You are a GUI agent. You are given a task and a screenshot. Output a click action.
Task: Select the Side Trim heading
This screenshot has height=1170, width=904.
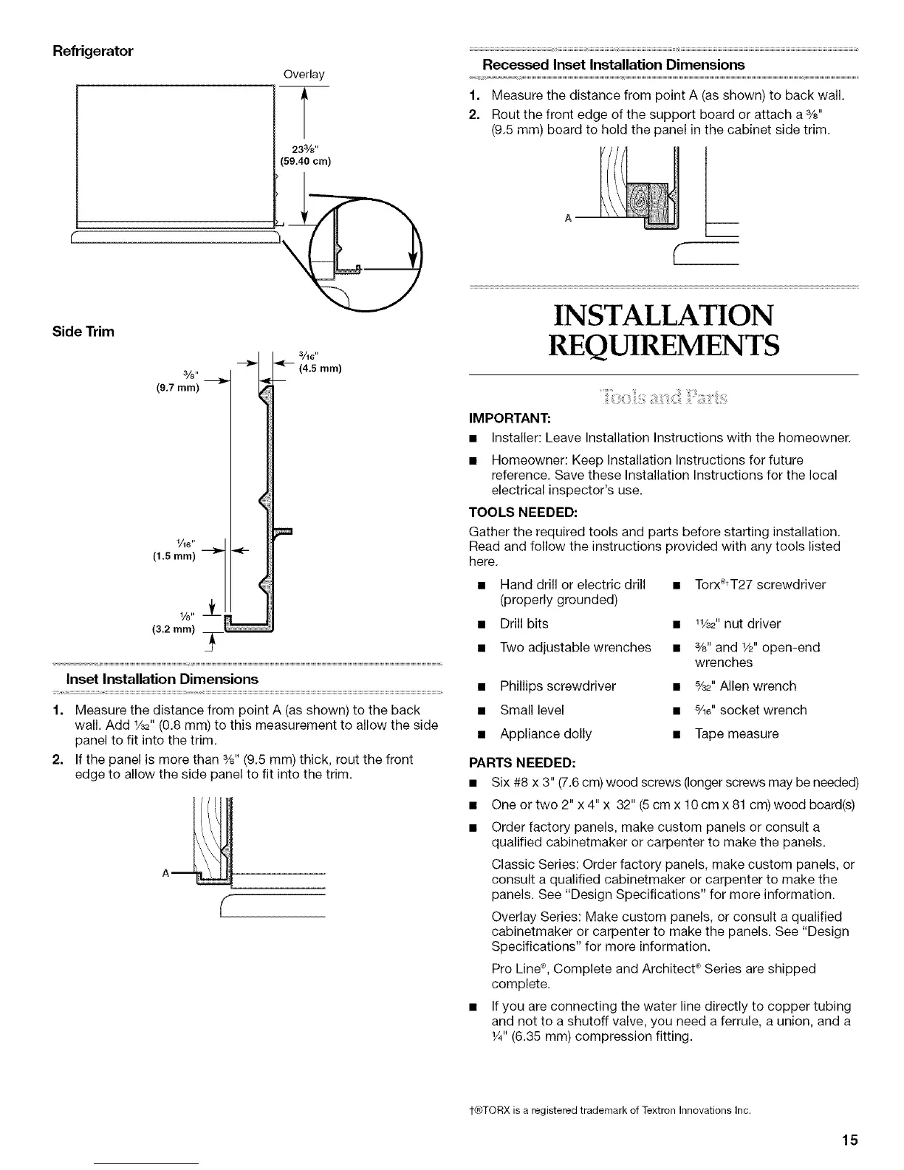[83, 331]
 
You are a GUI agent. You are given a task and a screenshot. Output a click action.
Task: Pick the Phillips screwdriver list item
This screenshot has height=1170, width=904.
[558, 686]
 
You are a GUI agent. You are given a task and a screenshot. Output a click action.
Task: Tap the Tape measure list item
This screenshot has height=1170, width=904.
[736, 733]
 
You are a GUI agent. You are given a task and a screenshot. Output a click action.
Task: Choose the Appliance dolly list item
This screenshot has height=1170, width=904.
[546, 733]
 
